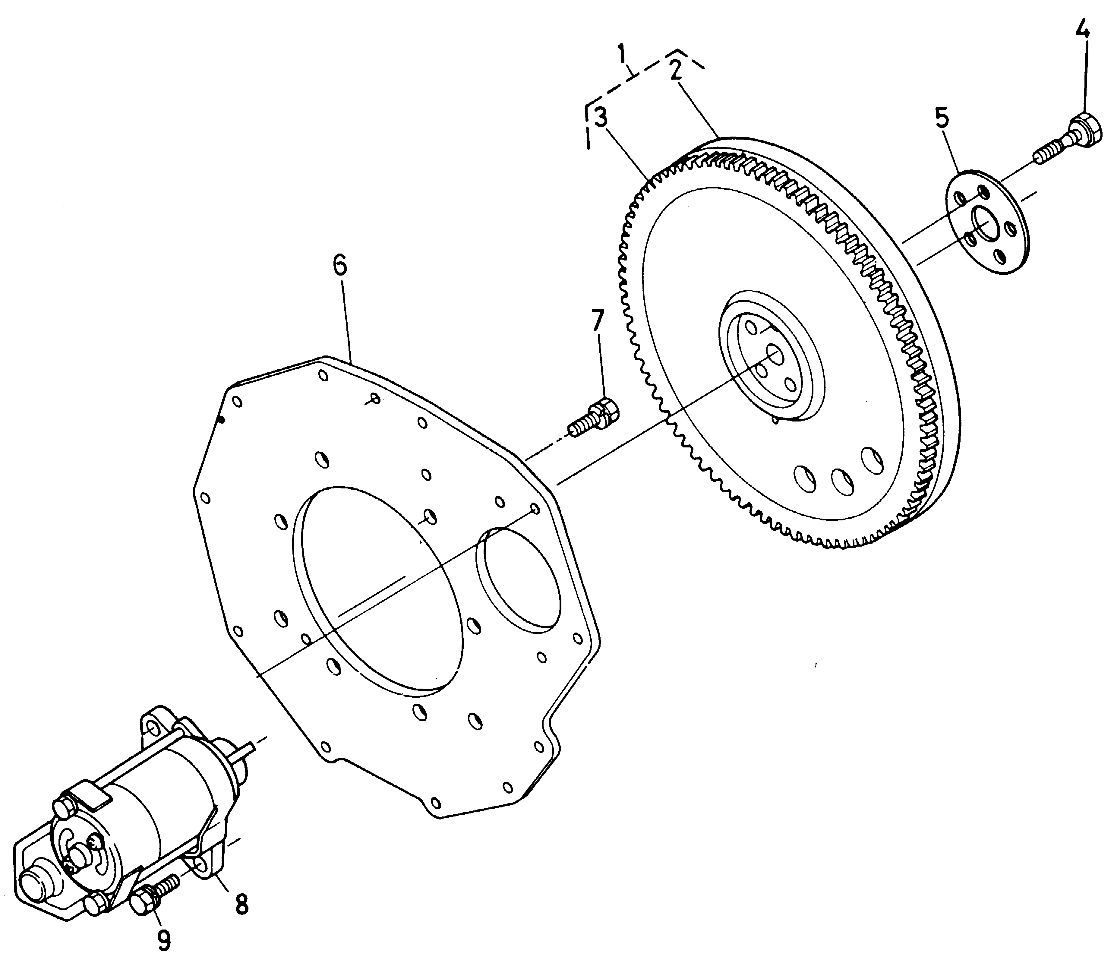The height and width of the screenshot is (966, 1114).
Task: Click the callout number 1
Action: click(x=623, y=55)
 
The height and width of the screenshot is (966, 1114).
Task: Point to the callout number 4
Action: click(x=1082, y=31)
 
